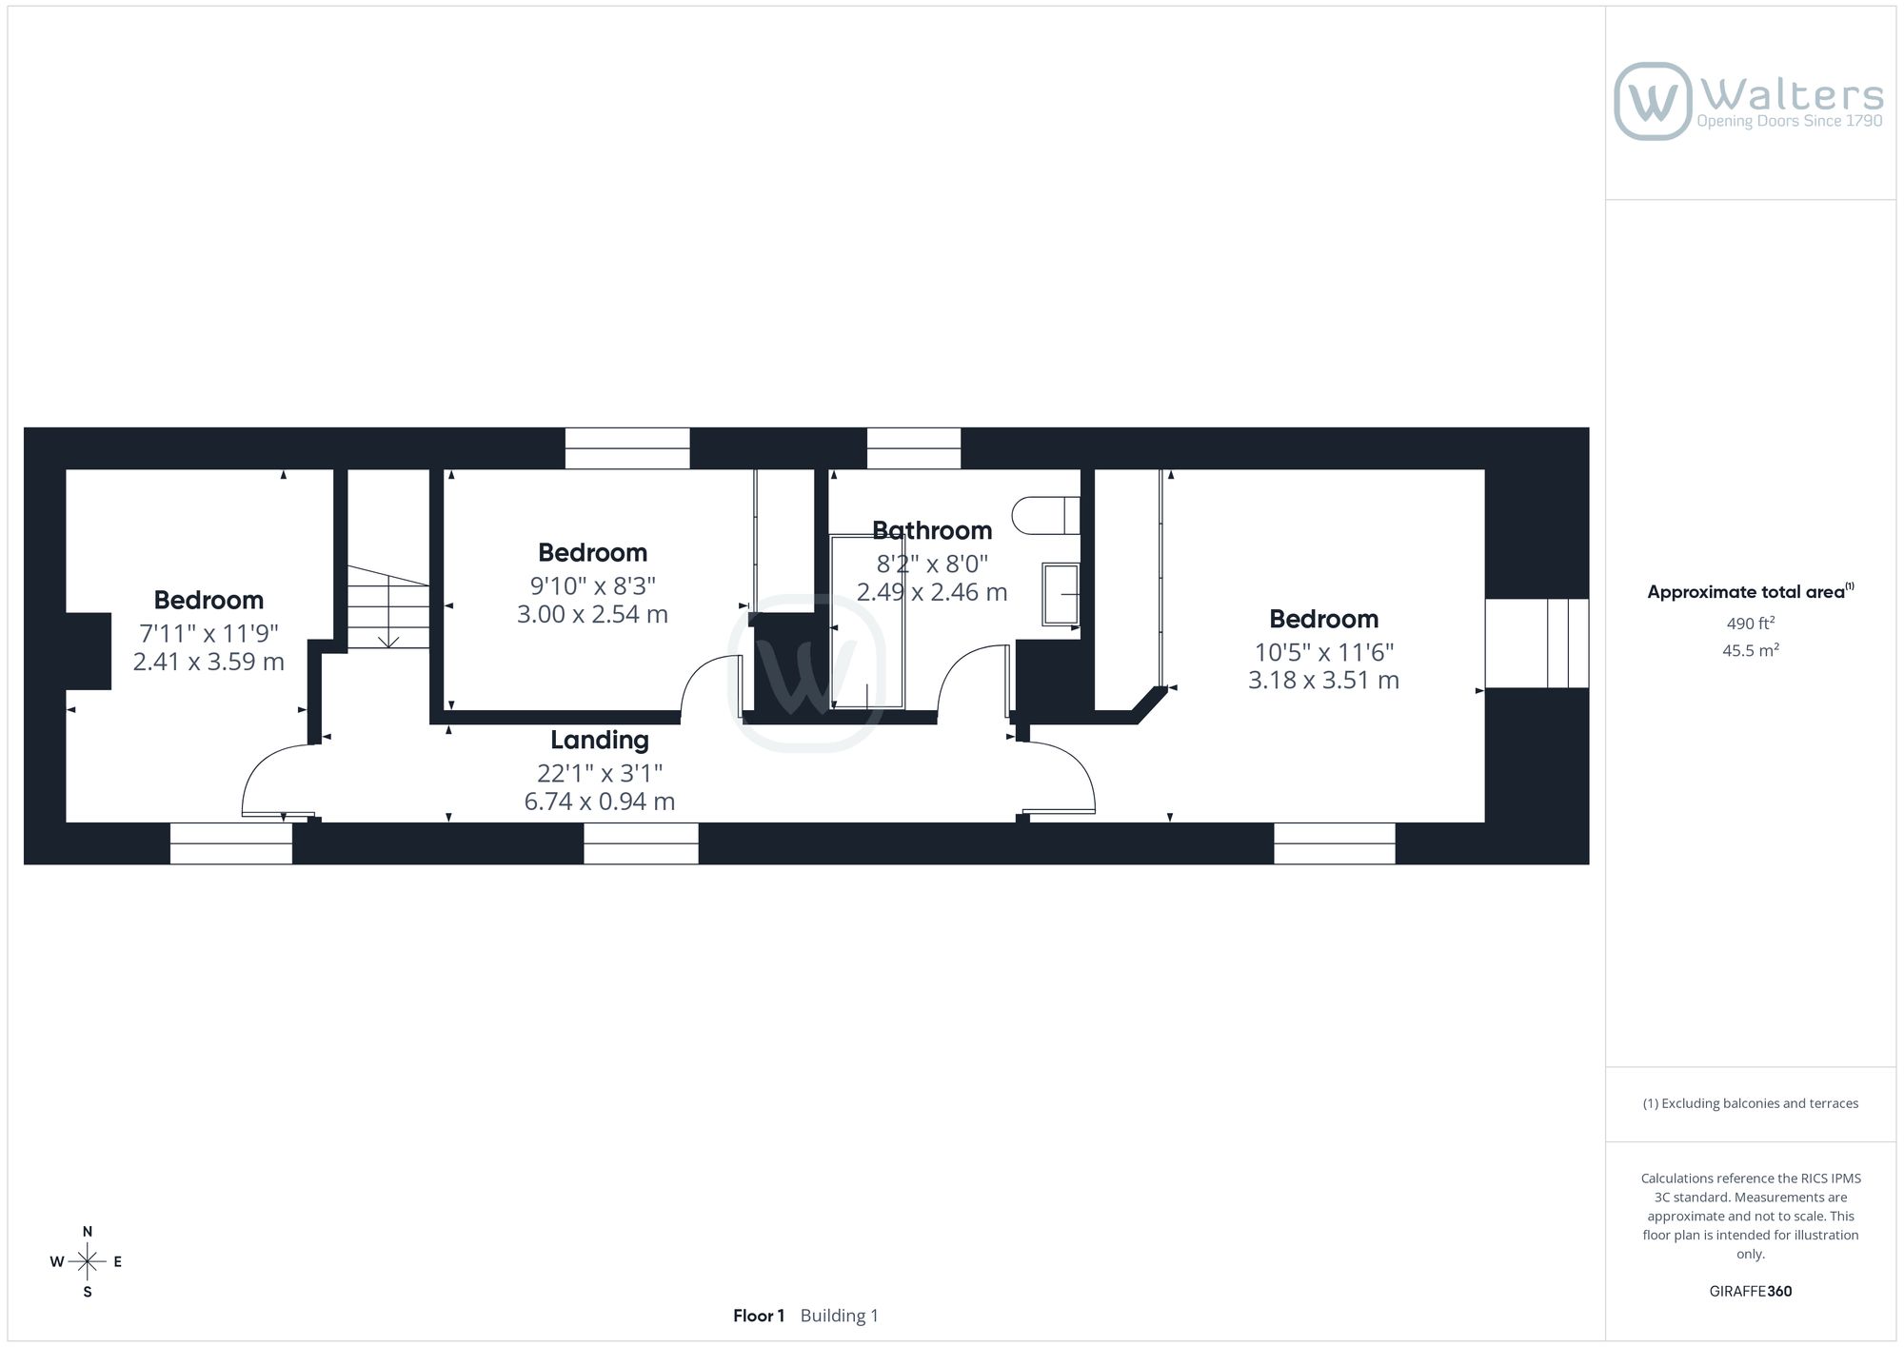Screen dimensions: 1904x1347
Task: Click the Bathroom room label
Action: pos(932,530)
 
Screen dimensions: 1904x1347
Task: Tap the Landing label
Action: pos(600,740)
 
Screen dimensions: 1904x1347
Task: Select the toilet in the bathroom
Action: pos(1045,515)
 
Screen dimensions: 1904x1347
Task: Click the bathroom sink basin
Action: pos(1061,594)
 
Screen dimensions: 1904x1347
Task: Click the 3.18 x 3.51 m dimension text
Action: pos(1323,681)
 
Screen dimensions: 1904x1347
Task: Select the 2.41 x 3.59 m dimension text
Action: pos(208,662)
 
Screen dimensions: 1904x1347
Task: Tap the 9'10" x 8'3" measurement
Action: pos(593,585)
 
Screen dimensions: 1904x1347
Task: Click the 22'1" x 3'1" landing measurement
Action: pos(600,773)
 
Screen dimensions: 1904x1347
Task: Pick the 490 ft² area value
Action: pos(1751,624)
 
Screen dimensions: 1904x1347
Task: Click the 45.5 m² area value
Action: pos(1751,651)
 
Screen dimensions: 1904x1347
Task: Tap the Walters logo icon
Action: pos(1653,101)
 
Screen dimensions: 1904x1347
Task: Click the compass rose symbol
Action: pos(87,1262)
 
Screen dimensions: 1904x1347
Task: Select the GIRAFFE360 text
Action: pos(1751,1292)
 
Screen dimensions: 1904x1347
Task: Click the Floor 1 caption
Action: pos(759,1316)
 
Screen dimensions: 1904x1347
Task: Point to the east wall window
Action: pos(1537,644)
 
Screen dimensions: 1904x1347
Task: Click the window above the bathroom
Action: pos(914,448)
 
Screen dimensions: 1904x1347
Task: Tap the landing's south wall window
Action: pos(641,843)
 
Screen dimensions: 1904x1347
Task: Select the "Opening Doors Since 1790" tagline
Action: pos(1790,121)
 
